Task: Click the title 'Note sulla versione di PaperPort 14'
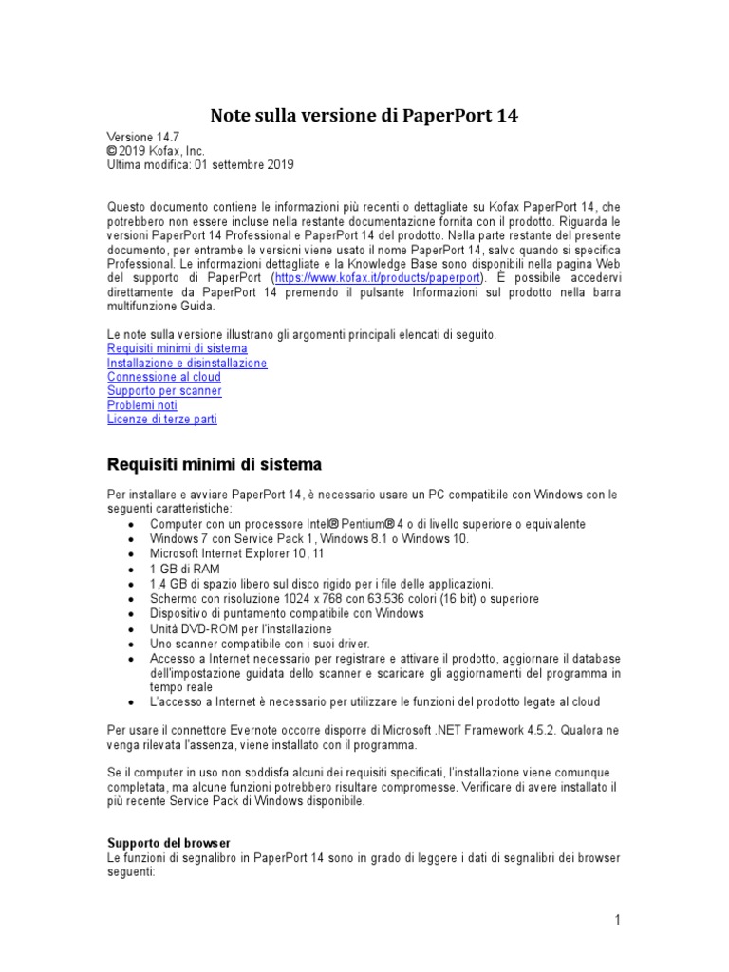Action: (x=364, y=116)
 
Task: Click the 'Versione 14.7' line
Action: (x=142, y=137)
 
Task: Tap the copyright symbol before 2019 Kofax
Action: (x=112, y=151)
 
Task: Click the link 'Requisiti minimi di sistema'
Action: (x=178, y=348)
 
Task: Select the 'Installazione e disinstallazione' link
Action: (x=187, y=363)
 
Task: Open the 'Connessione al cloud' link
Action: (x=164, y=377)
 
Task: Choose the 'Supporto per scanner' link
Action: (x=164, y=390)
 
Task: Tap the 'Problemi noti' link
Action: (x=142, y=404)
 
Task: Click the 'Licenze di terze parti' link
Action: (x=162, y=419)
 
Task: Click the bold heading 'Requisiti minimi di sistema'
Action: (x=215, y=465)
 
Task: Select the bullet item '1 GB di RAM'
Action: (x=184, y=569)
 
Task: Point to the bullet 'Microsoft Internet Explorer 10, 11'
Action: (x=236, y=553)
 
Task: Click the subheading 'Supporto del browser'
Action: (x=169, y=843)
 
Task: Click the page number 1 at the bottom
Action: (x=617, y=920)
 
